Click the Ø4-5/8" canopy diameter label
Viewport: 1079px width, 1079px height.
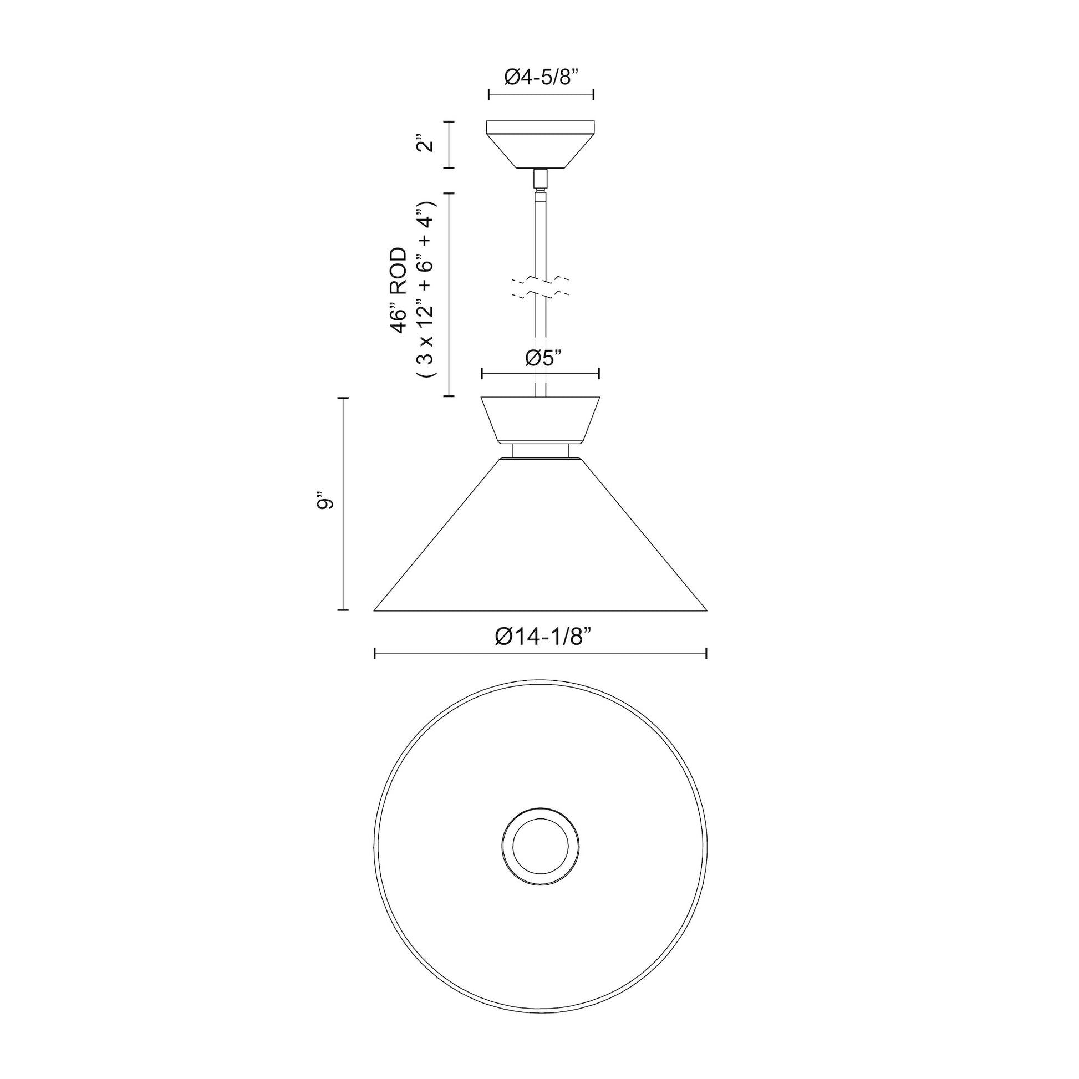tap(540, 77)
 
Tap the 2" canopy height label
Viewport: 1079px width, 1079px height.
tap(427, 145)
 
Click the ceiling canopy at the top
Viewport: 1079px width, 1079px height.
tap(540, 145)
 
